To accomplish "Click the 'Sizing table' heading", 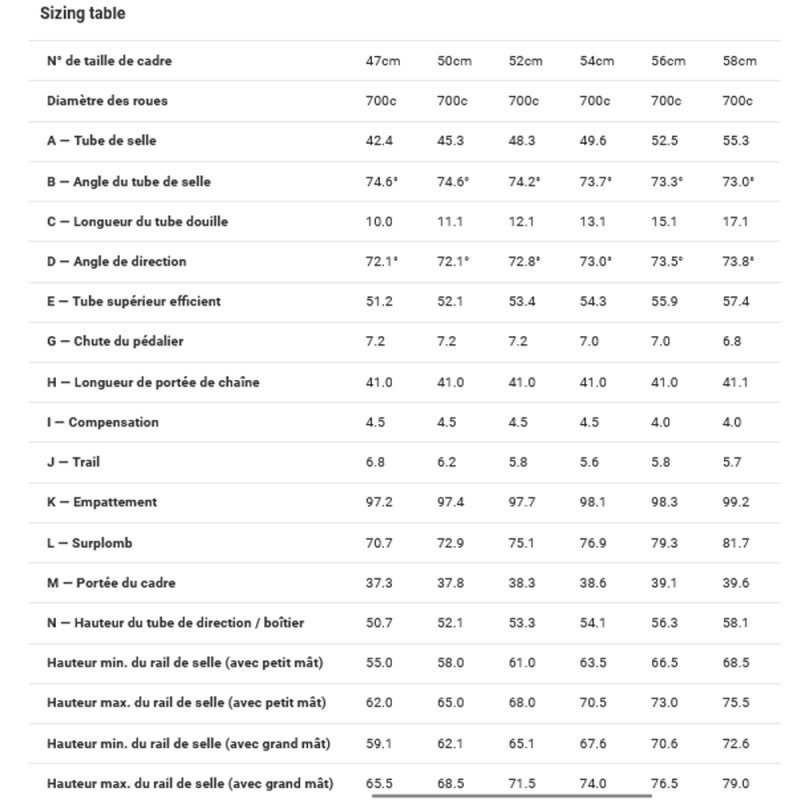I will click(x=83, y=14).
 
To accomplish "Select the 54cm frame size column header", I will click(x=597, y=61).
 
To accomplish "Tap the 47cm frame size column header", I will click(x=382, y=61).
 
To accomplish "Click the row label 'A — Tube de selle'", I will click(x=101, y=141).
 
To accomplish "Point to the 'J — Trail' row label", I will click(x=73, y=462).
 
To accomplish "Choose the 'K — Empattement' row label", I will click(x=101, y=502).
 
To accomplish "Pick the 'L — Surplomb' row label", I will click(x=90, y=543).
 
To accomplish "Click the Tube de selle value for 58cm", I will click(x=735, y=141).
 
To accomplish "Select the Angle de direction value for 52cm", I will click(x=525, y=261).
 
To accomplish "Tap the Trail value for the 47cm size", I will click(x=375, y=462).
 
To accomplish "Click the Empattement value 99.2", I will click(x=735, y=502).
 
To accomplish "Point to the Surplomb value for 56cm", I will click(x=665, y=543).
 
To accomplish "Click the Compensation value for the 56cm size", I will click(x=661, y=422).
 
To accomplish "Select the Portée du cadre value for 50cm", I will click(x=451, y=583).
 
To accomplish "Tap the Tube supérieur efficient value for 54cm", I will click(x=594, y=301).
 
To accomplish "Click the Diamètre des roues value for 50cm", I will click(x=451, y=101).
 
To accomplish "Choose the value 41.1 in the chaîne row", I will click(x=735, y=382).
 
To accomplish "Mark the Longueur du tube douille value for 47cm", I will click(x=379, y=221).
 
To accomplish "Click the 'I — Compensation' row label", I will click(x=102, y=422).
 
